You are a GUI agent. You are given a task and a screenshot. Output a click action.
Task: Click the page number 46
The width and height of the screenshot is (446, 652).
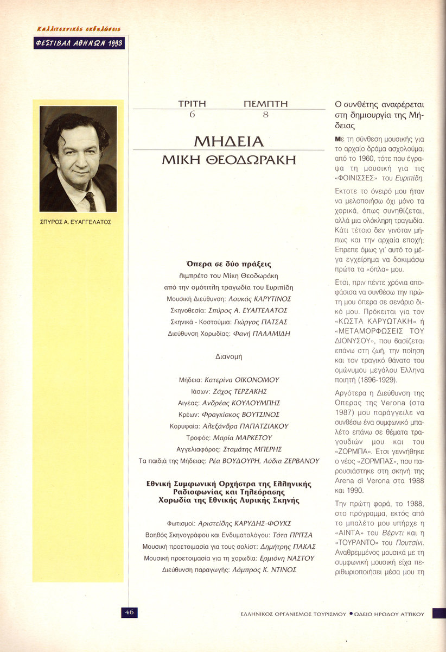click(129, 612)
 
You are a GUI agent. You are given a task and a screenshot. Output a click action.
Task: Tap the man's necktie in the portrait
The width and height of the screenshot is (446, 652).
click(90, 200)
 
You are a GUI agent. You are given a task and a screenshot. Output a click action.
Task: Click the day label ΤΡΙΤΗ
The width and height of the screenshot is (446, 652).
click(192, 104)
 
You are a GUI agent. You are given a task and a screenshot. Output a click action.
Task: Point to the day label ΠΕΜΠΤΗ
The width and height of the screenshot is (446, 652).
click(265, 104)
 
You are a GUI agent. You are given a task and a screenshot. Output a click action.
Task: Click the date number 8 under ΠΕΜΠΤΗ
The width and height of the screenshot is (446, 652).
click(265, 115)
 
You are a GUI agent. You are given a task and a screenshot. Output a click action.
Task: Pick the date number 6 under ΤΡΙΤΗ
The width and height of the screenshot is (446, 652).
click(192, 115)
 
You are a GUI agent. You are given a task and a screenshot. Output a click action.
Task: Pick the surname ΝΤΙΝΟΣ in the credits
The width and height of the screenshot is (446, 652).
click(282, 569)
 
